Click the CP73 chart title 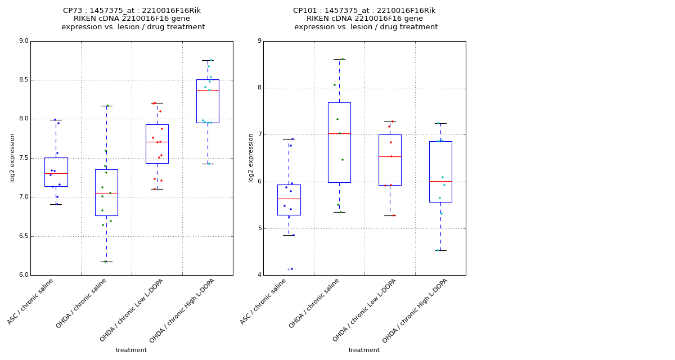tap(132, 19)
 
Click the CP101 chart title tap(365, 19)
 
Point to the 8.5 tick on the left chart tap(23, 80)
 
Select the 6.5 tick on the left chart tap(23, 236)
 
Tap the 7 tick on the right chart tap(258, 134)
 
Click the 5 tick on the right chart tap(258, 228)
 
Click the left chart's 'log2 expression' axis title tap(12, 157)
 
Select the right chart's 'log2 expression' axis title tap(251, 157)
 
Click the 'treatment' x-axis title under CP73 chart tap(131, 350)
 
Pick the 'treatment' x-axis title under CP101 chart tap(364, 350)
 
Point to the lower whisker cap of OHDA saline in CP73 tap(106, 262)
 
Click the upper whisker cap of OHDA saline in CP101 tap(339, 59)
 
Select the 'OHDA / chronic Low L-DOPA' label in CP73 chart tap(132, 309)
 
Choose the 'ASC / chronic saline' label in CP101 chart tap(264, 301)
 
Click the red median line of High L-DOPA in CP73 tap(208, 90)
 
